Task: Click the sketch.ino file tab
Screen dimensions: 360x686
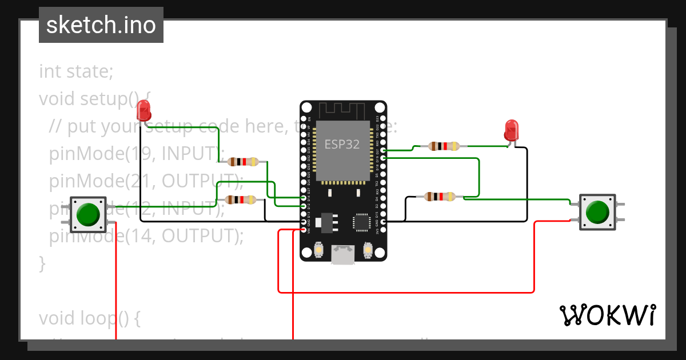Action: pyautogui.click(x=101, y=25)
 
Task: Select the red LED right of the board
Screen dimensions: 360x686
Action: pyautogui.click(x=511, y=130)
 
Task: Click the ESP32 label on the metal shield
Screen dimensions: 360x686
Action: pyautogui.click(x=342, y=144)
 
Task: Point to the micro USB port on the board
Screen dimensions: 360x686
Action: pyautogui.click(x=344, y=255)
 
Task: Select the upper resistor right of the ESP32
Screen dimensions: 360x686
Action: pyautogui.click(x=444, y=146)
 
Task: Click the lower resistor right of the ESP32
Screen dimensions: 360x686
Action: pyautogui.click(x=440, y=197)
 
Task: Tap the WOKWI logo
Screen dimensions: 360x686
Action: pyautogui.click(x=607, y=315)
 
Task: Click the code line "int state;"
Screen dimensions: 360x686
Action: pyautogui.click(x=76, y=72)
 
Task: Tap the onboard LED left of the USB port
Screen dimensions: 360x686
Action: pyautogui.click(x=319, y=250)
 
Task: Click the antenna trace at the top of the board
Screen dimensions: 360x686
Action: pyautogui.click(x=342, y=110)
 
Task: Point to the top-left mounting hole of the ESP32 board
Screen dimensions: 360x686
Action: pyautogui.click(x=307, y=107)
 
